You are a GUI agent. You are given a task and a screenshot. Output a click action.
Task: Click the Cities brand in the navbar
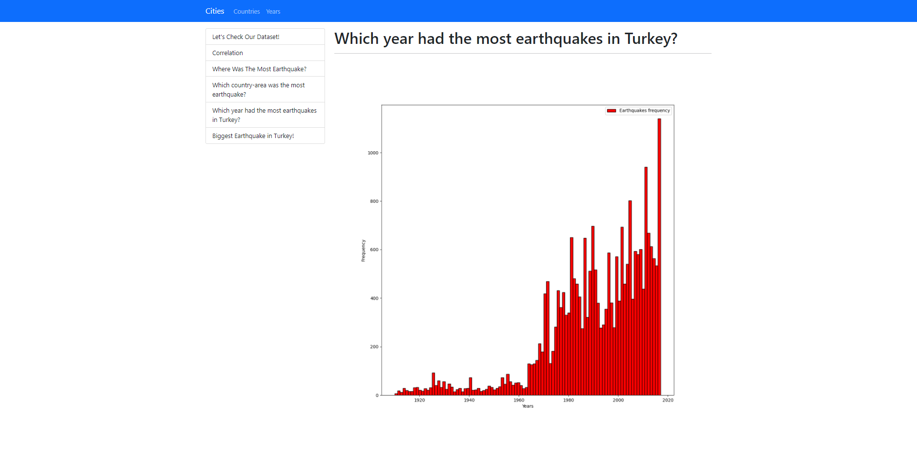[215, 11]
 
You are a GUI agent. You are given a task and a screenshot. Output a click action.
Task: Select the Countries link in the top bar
[246, 11]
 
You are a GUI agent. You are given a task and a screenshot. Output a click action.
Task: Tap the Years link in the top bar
[273, 11]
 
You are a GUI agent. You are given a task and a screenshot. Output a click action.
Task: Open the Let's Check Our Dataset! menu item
[245, 37]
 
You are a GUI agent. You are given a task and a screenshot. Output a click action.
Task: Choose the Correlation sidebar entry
[227, 53]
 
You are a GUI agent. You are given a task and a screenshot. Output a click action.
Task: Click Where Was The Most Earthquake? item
[259, 69]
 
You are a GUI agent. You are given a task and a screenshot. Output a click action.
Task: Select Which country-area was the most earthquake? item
[259, 89]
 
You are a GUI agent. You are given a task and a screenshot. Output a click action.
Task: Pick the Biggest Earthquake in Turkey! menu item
[253, 136]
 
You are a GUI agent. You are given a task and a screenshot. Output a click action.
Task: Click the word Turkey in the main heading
[648, 39]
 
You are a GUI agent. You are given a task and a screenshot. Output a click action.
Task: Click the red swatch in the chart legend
[611, 111]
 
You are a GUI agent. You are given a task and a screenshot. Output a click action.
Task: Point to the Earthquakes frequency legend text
[644, 111]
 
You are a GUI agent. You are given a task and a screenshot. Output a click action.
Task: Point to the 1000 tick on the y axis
[373, 153]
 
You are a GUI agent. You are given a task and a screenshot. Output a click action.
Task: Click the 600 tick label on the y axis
[374, 250]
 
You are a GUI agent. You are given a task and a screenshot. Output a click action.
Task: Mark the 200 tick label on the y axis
[374, 347]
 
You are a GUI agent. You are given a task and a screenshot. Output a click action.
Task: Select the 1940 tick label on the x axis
[469, 400]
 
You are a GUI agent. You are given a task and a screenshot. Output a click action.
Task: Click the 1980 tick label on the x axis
[569, 400]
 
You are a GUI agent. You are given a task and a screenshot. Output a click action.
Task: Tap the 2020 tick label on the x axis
[668, 400]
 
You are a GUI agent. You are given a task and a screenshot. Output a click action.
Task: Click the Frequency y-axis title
[363, 250]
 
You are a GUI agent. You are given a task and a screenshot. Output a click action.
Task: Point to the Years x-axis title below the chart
[528, 406]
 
